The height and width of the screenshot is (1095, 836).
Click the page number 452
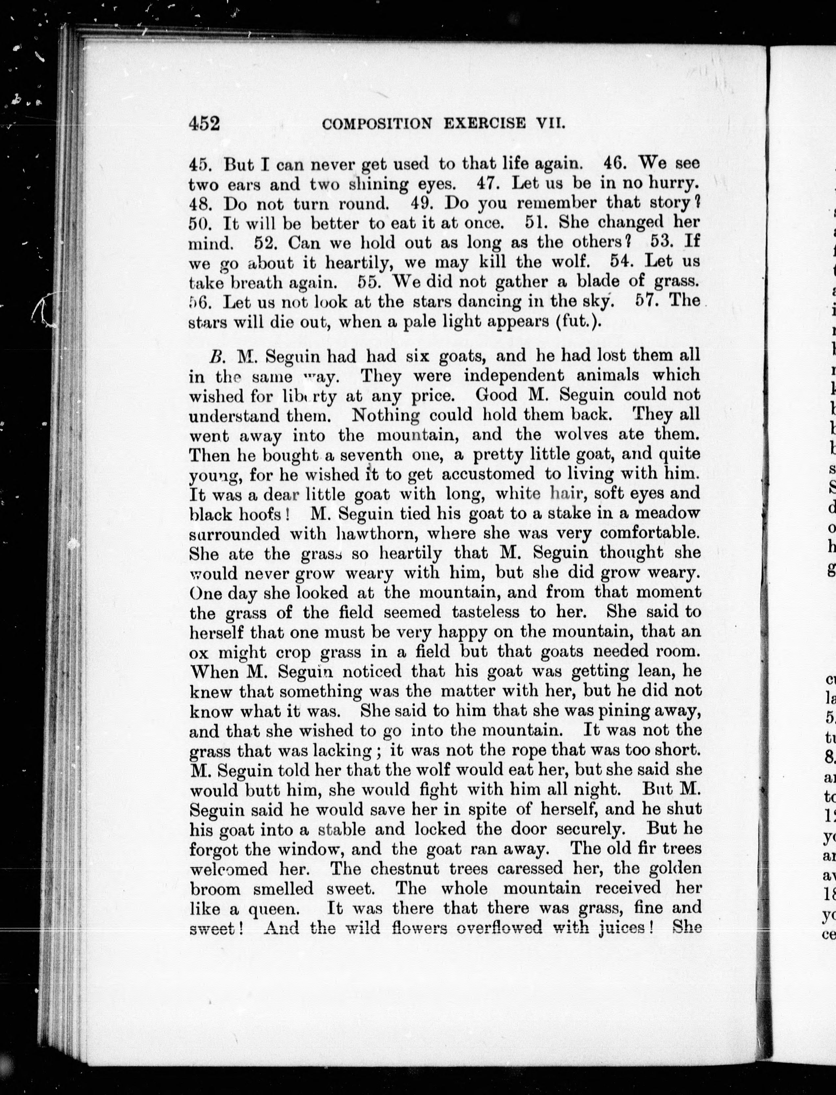[204, 122]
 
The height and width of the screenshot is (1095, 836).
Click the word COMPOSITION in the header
[377, 123]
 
